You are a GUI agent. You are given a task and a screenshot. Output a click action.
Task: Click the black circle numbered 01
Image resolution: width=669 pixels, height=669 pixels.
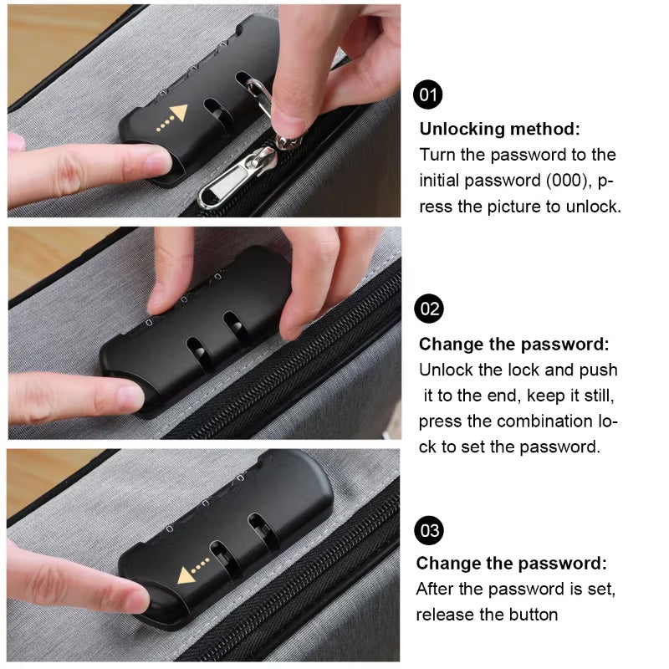(429, 94)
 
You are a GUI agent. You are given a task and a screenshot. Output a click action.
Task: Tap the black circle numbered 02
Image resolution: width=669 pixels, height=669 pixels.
(430, 309)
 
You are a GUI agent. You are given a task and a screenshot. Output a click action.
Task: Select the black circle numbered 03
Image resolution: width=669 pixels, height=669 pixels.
(430, 530)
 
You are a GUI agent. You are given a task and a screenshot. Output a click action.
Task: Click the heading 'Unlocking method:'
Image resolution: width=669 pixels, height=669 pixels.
(499, 129)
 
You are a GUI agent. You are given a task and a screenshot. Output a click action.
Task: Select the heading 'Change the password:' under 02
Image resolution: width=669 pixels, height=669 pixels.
(513, 345)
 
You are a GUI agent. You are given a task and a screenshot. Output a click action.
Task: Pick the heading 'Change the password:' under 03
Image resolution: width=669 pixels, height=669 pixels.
(512, 564)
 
